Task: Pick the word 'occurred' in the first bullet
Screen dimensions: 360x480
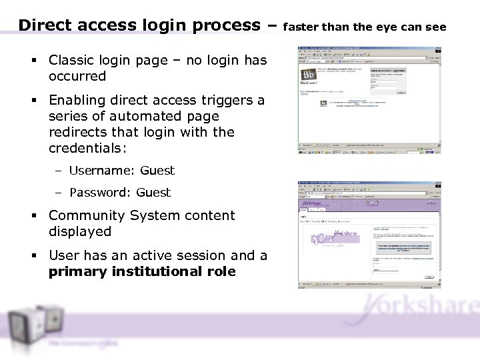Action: coord(77,76)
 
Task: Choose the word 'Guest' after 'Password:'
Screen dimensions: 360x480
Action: coord(153,193)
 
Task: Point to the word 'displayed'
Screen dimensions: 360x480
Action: coord(79,231)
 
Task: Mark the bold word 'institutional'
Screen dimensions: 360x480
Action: coord(151,271)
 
